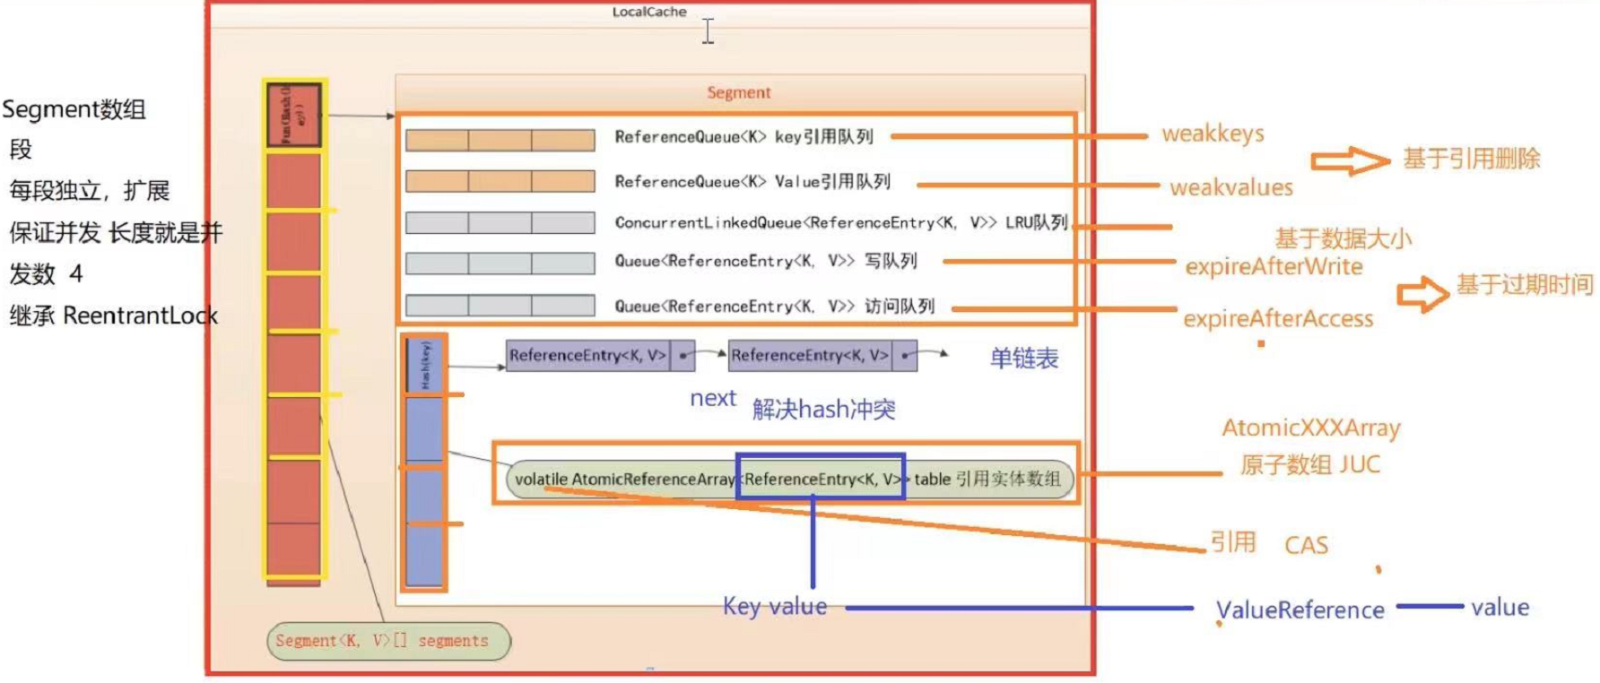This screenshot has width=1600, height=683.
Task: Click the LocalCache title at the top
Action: tap(649, 12)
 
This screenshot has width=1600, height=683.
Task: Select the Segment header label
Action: tap(738, 92)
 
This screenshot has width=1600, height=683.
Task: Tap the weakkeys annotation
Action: tap(1213, 134)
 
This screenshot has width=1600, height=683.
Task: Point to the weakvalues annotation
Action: tap(1230, 187)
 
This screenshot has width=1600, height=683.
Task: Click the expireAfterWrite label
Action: tap(1274, 266)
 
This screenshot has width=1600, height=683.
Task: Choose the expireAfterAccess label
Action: tap(1278, 318)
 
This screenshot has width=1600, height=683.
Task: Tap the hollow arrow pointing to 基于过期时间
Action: tap(1422, 293)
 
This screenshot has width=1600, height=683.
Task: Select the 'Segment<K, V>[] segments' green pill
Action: tap(388, 641)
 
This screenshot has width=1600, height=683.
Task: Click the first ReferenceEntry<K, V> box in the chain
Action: tap(588, 356)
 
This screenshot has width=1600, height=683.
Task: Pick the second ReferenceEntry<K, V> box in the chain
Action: tap(810, 356)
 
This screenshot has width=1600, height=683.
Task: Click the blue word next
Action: tap(712, 398)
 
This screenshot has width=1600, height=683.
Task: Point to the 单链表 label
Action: tap(1023, 359)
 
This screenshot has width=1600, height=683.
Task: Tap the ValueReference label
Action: tap(1300, 610)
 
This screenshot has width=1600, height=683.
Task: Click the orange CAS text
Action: tap(1306, 545)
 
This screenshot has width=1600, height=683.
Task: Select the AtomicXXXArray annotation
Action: tap(1310, 428)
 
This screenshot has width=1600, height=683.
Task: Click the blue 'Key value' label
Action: tap(775, 607)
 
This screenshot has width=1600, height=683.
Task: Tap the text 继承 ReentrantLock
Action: tap(114, 316)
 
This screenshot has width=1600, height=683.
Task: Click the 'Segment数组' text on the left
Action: tap(74, 109)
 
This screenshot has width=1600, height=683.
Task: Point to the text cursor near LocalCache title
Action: tap(708, 30)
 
